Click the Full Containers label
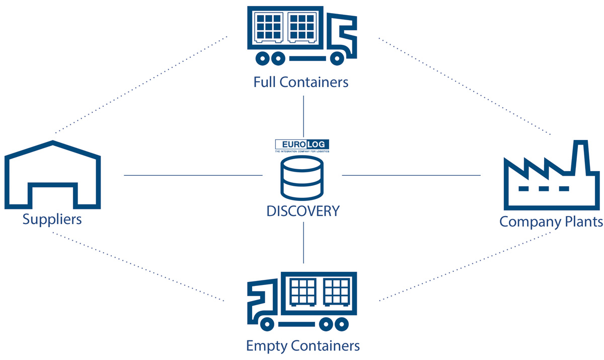tap(301, 82)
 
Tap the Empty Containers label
tap(303, 346)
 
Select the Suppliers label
tap(52, 220)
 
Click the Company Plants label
tap(551, 222)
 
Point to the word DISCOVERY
tap(303, 211)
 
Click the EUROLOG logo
tap(303, 146)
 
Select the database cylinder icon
tap(303, 177)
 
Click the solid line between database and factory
tap(411, 175)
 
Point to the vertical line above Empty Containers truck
tap(304, 242)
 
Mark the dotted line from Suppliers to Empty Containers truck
tap(138, 267)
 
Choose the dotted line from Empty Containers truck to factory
tap(466, 267)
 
